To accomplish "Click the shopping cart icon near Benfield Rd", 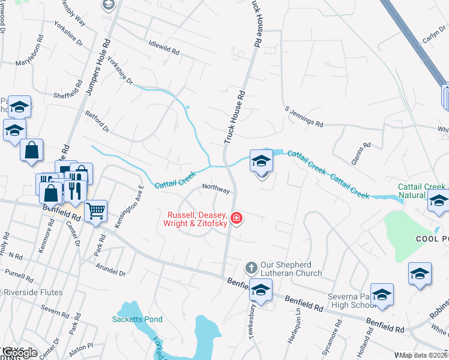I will (x=96, y=211).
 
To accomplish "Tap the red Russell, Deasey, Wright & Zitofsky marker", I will (x=237, y=217).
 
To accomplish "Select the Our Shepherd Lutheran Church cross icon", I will (x=252, y=266).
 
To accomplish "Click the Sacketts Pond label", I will (x=137, y=319).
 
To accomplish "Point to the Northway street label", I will (x=216, y=188).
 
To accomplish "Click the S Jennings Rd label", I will (x=304, y=116).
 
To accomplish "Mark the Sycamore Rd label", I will (x=337, y=339).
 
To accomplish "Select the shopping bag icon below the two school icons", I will (x=31, y=150).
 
